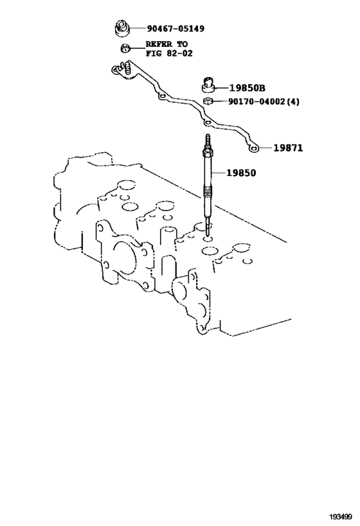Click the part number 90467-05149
pyautogui.click(x=175, y=28)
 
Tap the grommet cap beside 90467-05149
pyautogui.click(x=122, y=28)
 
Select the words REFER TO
pyautogui.click(x=166, y=44)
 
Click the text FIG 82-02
pyautogui.click(x=169, y=53)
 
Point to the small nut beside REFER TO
pyautogui.click(x=125, y=48)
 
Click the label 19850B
pyautogui.click(x=247, y=88)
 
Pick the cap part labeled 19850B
pyautogui.click(x=208, y=84)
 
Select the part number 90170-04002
pyautogui.click(x=256, y=101)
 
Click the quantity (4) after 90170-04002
pyautogui.click(x=293, y=101)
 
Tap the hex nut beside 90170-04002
pyautogui.click(x=208, y=101)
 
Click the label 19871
pyautogui.click(x=288, y=148)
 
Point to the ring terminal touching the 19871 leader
pyautogui.click(x=253, y=148)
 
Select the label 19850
pyautogui.click(x=241, y=173)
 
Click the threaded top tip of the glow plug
pyautogui.click(x=207, y=141)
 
